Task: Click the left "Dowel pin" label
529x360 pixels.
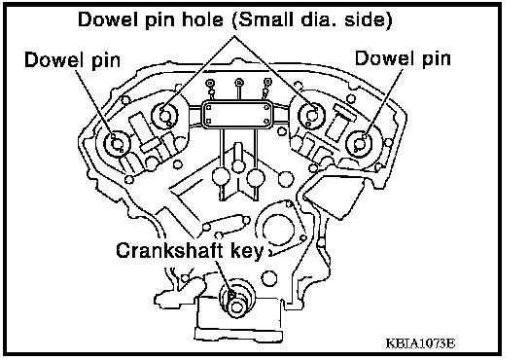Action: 73,60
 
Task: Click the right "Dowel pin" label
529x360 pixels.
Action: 403,58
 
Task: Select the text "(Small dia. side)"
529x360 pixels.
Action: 312,19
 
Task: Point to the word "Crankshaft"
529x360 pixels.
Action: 170,251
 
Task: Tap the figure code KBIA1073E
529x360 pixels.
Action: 420,343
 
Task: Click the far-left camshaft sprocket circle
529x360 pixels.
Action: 117,144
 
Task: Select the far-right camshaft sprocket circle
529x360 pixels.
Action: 360,144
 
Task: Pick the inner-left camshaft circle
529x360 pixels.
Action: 165,115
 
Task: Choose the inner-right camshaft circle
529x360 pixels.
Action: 311,115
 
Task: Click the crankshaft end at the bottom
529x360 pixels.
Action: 236,301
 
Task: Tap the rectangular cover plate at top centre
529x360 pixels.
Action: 237,115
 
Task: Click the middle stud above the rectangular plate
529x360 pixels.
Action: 239,82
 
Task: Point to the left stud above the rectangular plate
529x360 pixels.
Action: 210,83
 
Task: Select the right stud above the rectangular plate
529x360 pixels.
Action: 267,82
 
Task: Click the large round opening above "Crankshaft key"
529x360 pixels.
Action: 278,230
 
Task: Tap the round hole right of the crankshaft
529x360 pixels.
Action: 269,278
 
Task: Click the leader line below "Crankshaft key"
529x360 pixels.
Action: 224,277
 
